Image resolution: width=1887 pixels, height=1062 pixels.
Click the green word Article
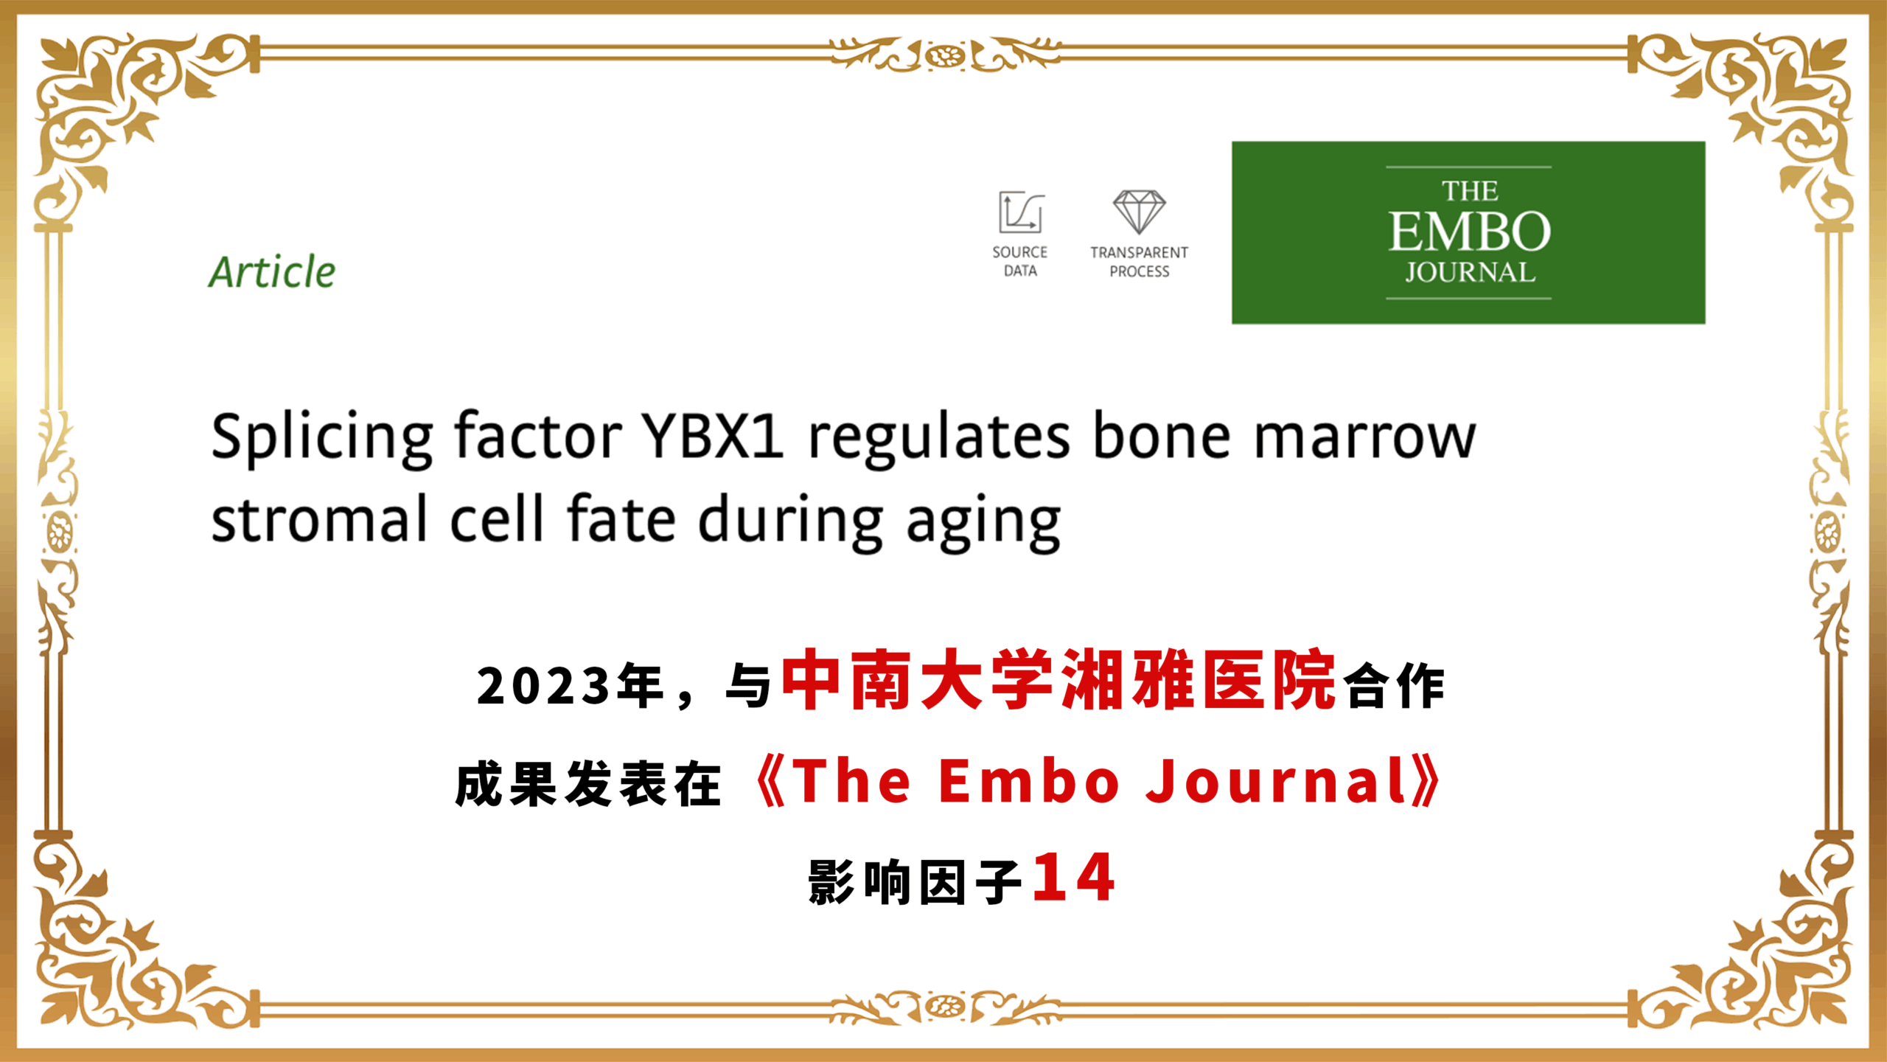click(x=272, y=271)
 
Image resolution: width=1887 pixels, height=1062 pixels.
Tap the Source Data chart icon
click(x=1021, y=212)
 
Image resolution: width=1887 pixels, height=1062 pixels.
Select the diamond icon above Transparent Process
click(x=1139, y=212)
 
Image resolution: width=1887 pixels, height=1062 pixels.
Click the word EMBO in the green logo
click(x=1470, y=232)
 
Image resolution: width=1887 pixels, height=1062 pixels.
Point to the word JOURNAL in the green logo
click(x=1470, y=273)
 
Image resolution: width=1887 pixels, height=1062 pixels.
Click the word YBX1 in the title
click(x=712, y=437)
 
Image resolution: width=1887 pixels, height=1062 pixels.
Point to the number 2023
click(x=543, y=687)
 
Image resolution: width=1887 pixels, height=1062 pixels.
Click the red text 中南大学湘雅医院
click(x=1058, y=680)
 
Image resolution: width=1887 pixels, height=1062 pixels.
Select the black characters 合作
click(x=1394, y=687)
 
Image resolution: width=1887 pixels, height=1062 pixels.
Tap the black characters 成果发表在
click(x=588, y=785)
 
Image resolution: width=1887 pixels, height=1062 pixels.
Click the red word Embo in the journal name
click(x=1029, y=781)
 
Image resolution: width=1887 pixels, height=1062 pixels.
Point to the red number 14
click(x=1073, y=878)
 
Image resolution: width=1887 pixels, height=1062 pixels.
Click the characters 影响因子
click(x=915, y=883)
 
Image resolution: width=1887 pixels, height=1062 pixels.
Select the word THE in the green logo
click(x=1470, y=192)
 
